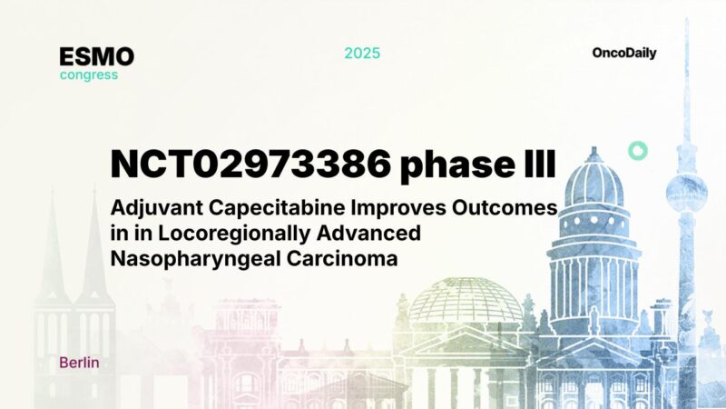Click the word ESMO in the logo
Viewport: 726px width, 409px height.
point(97,56)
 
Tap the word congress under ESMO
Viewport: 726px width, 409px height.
point(89,75)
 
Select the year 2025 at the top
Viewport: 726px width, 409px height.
point(362,53)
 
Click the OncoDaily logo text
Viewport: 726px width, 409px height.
point(624,53)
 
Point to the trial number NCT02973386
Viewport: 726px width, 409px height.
point(250,164)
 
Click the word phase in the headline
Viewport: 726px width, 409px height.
point(449,164)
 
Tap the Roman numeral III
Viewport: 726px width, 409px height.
point(534,164)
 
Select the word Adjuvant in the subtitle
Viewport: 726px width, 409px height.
point(149,209)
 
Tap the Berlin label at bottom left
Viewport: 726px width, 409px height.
point(79,363)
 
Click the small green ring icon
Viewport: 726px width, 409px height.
point(638,151)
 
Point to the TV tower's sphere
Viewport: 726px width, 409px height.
point(686,190)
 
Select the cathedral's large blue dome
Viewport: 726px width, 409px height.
point(594,182)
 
